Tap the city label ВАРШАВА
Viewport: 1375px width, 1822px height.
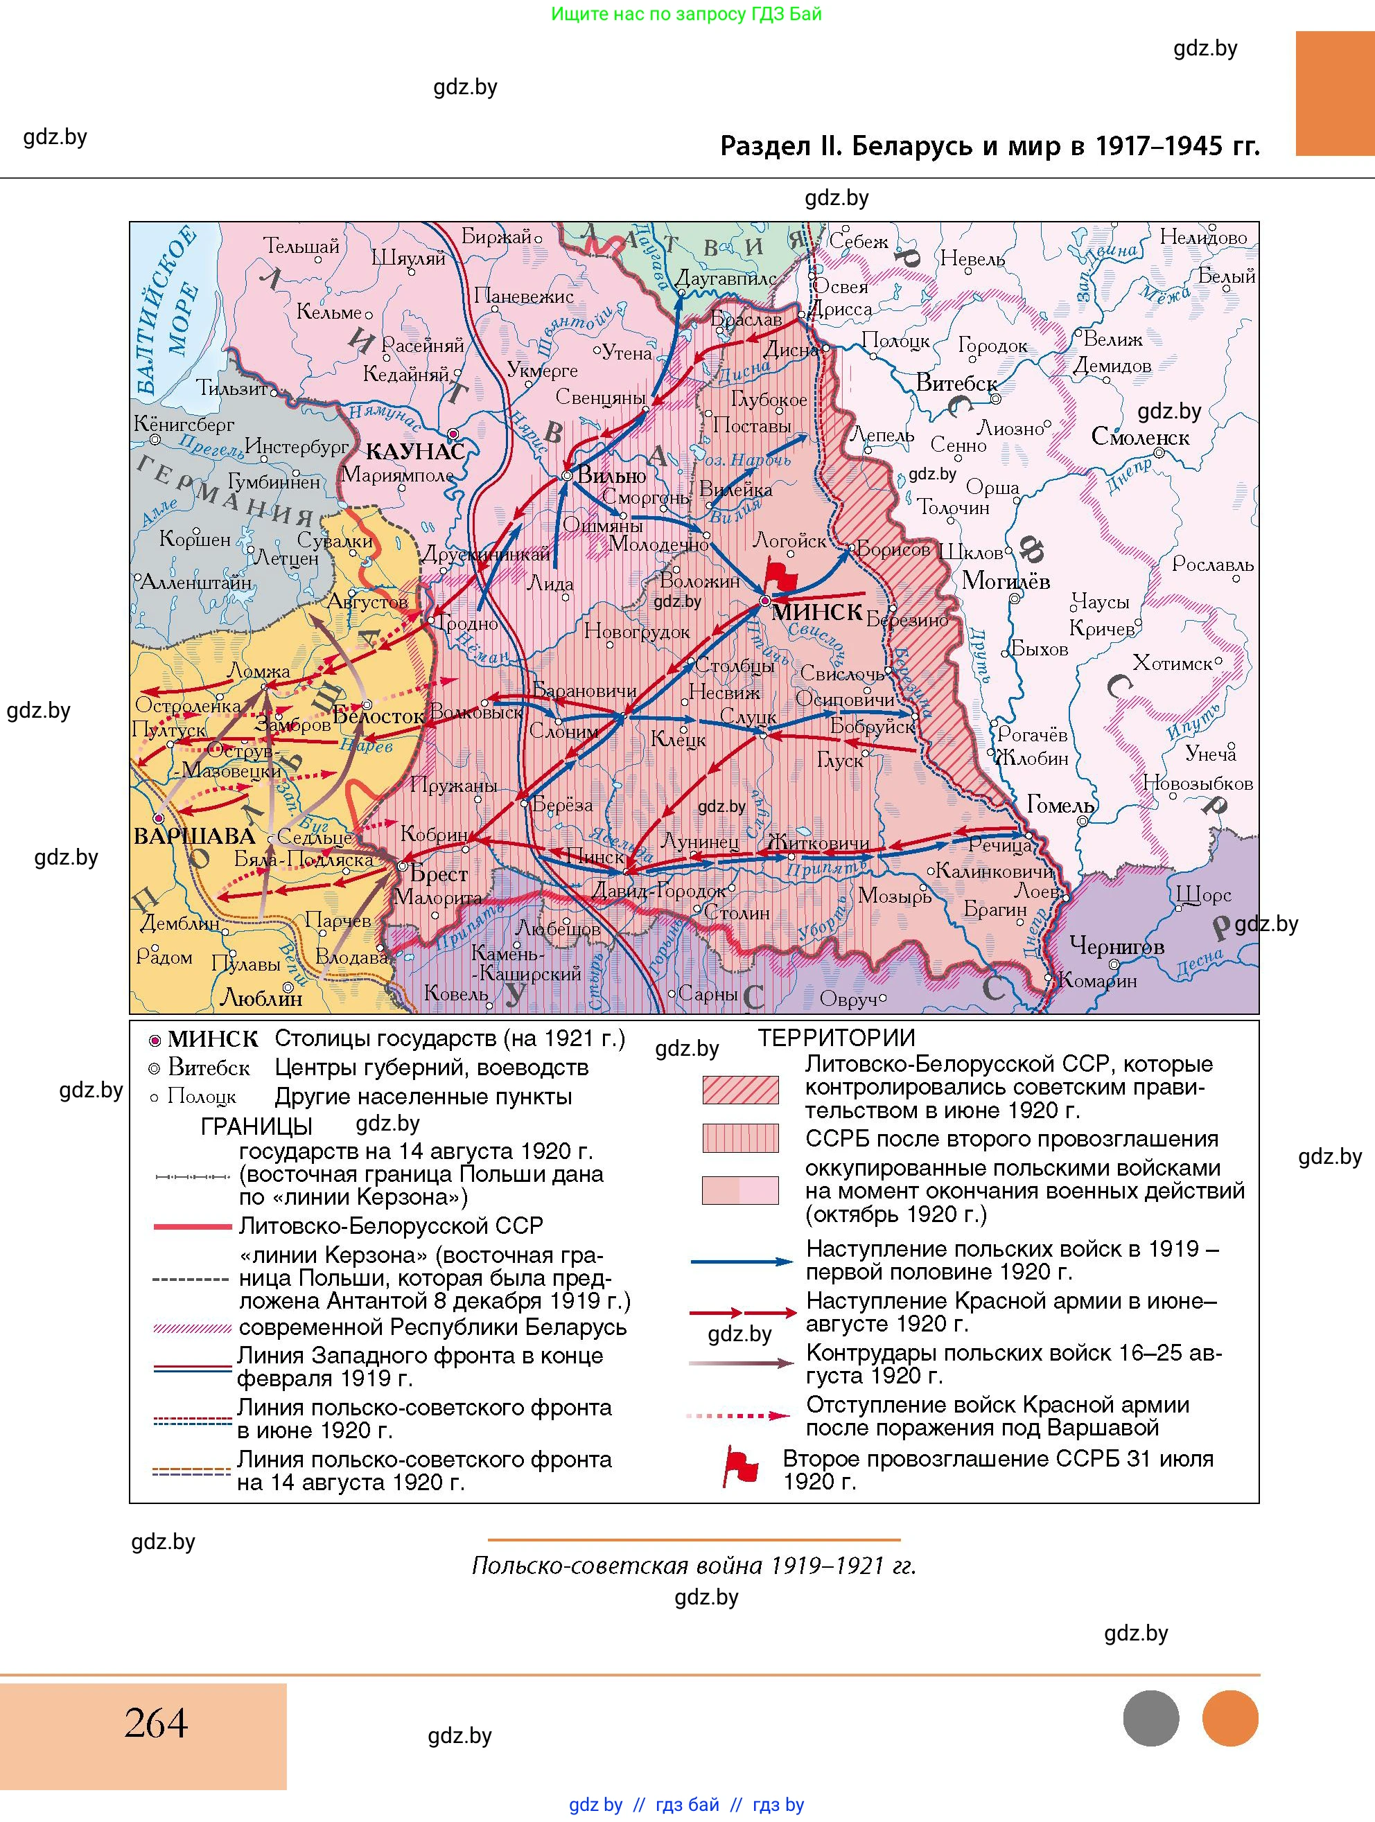195,835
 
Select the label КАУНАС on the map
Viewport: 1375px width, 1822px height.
414,452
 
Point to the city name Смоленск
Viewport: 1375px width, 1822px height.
1140,436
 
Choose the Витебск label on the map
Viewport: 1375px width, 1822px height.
956,382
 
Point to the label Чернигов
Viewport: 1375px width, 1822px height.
1116,946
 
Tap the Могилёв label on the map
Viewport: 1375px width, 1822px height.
1006,581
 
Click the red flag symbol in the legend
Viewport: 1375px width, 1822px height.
739,1467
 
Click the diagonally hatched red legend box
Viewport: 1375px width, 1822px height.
739,1089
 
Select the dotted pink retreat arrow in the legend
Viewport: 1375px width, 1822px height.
739,1416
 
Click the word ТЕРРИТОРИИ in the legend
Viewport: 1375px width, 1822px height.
837,1038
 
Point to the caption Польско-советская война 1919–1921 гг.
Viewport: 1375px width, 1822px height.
694,1565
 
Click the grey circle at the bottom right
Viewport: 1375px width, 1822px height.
1150,1718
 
